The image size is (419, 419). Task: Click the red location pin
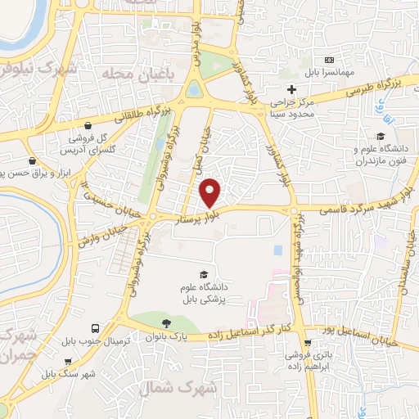pyautogui.click(x=211, y=192)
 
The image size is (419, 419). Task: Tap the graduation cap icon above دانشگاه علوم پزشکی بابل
pyautogui.click(x=203, y=274)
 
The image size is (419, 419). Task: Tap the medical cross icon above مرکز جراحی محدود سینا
pyautogui.click(x=291, y=88)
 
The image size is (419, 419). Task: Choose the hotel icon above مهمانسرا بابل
pyautogui.click(x=329, y=61)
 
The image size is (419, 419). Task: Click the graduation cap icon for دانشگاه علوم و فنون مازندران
pyautogui.click(x=380, y=136)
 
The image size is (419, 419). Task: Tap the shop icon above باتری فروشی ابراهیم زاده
pyautogui.click(x=308, y=344)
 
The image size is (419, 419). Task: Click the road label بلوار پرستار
pyautogui.click(x=200, y=218)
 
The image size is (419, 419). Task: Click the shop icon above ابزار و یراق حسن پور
pyautogui.click(x=32, y=160)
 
